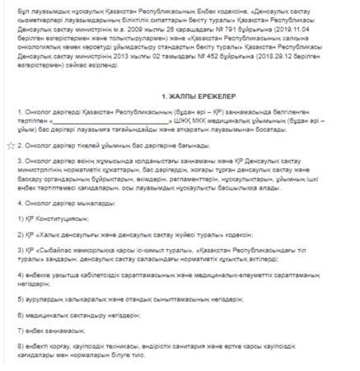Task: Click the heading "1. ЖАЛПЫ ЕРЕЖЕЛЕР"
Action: click(x=180, y=96)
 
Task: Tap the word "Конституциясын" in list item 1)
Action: click(x=58, y=221)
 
